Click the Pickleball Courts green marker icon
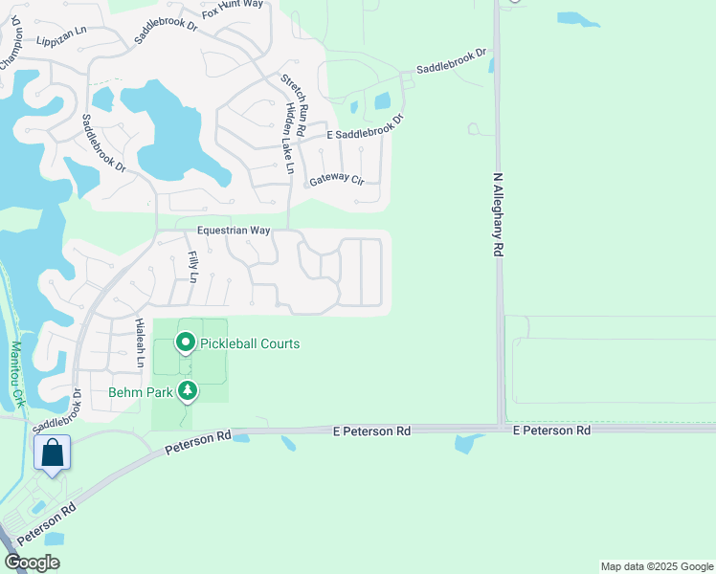point(185,342)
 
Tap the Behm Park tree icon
point(189,390)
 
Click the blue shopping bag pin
point(52,453)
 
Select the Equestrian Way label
point(235,231)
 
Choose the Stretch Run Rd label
point(293,103)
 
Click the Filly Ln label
point(192,266)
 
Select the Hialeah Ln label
point(140,342)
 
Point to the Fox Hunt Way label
point(232,11)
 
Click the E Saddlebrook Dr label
point(365,128)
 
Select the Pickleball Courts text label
point(250,343)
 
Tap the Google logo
point(32,563)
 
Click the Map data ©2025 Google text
point(657,566)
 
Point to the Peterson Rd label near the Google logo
point(46,525)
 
